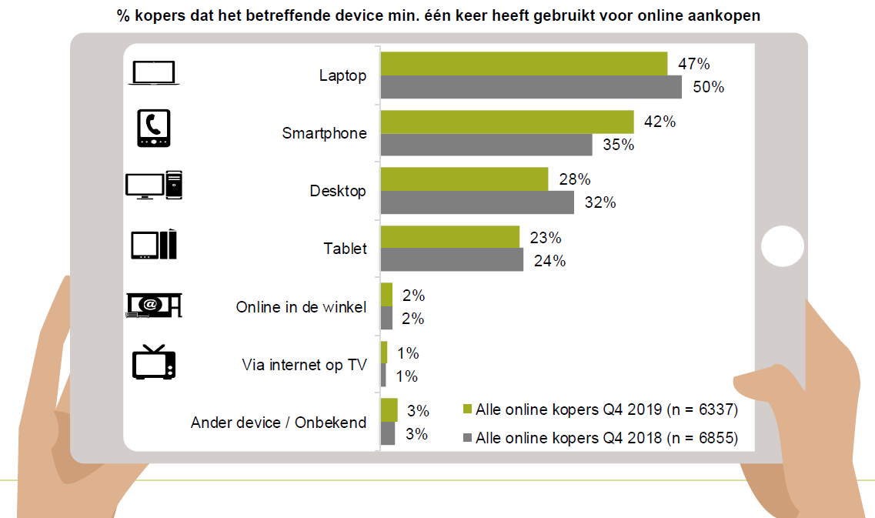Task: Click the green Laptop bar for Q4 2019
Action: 523,64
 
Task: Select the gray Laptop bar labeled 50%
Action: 531,87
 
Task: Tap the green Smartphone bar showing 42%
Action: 507,122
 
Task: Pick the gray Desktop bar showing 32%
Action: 477,202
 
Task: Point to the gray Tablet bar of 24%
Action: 452,260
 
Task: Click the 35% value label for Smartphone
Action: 618,145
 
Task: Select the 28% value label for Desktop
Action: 574,179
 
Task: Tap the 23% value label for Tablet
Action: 546,237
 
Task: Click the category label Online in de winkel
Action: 301,307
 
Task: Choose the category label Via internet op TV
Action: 304,365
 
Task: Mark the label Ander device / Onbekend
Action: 279,423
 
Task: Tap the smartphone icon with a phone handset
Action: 152,129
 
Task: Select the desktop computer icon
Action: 153,185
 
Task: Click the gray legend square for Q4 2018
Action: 466,439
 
